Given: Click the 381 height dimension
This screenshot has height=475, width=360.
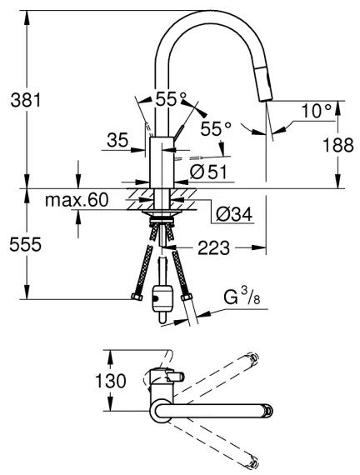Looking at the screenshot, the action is pos(26,100).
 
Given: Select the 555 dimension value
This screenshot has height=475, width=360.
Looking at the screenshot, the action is pos(26,244).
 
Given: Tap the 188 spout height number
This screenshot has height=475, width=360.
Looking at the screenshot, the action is pos(337,145).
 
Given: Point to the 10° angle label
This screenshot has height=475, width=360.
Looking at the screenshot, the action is pos(317,111).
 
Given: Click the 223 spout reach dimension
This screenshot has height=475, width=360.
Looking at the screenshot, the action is pos(213,248).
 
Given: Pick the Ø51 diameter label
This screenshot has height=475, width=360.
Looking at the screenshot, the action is pos(208,172).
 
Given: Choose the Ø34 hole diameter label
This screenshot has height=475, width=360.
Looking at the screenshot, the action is pos(234,214).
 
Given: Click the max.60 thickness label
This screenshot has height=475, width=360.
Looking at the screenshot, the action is pos(77,200).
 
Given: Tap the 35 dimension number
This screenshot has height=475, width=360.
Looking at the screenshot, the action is pos(117,140).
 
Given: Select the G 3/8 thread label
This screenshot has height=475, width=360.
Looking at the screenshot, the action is pos(242,296).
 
